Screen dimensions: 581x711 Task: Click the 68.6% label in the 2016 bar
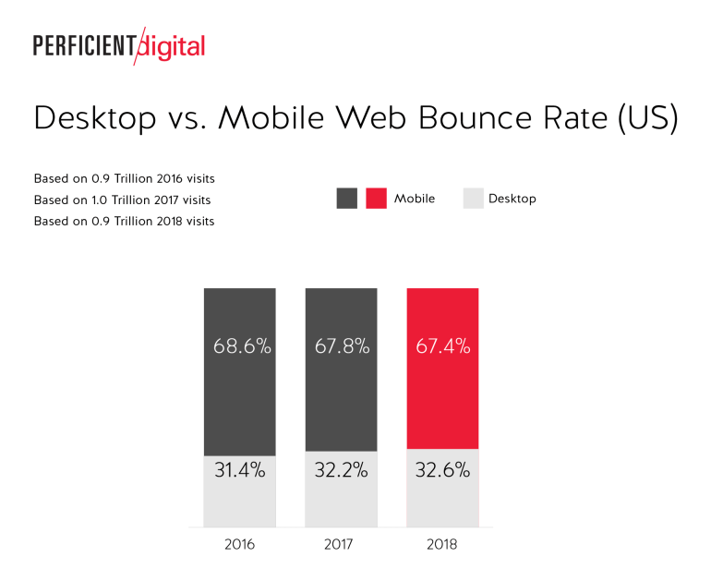click(x=239, y=347)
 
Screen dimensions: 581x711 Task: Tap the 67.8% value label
click(x=341, y=347)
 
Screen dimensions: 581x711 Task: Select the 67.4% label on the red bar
click(x=442, y=347)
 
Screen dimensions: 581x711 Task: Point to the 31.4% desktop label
click(x=239, y=470)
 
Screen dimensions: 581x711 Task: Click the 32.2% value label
click(x=341, y=470)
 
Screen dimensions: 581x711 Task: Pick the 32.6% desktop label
click(x=442, y=470)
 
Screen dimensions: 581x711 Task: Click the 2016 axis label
click(x=239, y=544)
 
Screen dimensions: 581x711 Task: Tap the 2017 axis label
click(x=340, y=544)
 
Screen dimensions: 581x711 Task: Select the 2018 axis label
click(x=441, y=544)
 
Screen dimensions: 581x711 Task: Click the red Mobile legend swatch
click(x=376, y=199)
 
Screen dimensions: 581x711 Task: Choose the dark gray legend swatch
click(x=347, y=199)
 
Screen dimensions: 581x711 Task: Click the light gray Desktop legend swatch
click(x=473, y=199)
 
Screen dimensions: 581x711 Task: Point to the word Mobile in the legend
click(x=414, y=199)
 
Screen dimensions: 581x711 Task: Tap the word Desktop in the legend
click(x=512, y=199)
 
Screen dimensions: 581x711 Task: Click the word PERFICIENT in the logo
click(x=84, y=45)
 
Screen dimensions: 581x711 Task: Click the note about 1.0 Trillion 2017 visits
click(x=122, y=200)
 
